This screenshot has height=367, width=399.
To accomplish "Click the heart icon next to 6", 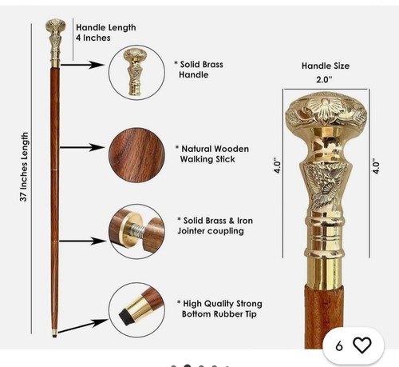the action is point(362,345).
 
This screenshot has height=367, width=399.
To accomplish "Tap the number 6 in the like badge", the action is point(339,346).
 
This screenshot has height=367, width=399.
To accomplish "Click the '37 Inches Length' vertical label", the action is point(24,167).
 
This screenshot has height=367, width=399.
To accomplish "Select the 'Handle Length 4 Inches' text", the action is point(106,33).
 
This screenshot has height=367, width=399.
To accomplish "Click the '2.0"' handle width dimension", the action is point(325,79).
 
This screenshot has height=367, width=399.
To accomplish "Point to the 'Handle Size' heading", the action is point(326,66).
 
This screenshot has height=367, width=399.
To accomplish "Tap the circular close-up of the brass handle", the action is point(136,73).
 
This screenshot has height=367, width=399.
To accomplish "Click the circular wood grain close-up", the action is point(136,155).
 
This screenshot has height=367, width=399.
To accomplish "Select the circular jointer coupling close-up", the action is point(136,231).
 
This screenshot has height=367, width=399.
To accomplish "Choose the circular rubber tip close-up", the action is point(136,310).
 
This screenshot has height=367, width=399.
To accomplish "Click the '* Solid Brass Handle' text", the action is point(199,70).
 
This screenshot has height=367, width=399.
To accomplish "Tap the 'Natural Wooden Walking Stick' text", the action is point(212,154).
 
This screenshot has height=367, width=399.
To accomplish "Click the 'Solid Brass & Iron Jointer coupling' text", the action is point(215,225).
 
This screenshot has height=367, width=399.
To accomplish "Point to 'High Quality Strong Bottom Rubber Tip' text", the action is point(219,309).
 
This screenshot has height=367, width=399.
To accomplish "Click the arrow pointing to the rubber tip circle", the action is point(83,325).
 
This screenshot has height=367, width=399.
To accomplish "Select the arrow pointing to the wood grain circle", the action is point(82,147).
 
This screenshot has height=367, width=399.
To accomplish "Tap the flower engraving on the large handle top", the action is point(325,107).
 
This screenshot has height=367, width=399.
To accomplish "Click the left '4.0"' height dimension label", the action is point(277,167).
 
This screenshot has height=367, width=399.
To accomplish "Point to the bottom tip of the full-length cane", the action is point(54,337).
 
